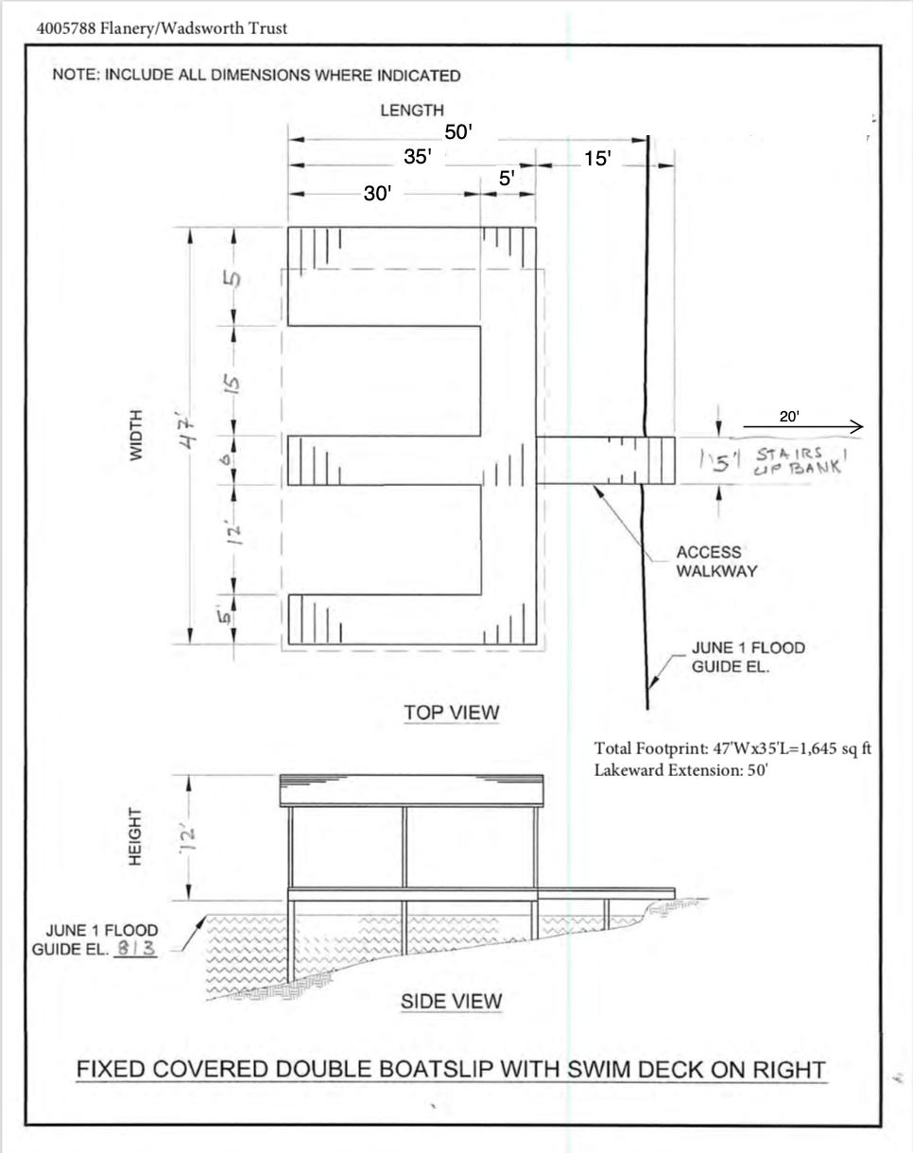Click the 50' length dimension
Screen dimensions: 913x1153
(458, 131)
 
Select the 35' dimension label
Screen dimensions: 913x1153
(418, 157)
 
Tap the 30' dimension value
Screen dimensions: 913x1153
(378, 194)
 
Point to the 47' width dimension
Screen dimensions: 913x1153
(189, 435)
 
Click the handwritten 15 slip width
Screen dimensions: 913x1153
(233, 383)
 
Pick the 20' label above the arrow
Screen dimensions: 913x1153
(789, 417)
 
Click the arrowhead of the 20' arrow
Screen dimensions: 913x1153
(858, 427)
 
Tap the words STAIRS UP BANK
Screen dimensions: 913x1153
(799, 461)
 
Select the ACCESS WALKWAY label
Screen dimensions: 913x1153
(716, 561)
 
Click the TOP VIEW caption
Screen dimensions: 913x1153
(452, 713)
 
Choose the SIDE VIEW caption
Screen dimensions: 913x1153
(452, 1002)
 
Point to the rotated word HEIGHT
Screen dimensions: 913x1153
(135, 836)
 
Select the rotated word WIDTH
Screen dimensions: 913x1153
(137, 435)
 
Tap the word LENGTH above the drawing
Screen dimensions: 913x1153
(412, 111)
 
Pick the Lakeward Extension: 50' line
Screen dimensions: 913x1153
(681, 770)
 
